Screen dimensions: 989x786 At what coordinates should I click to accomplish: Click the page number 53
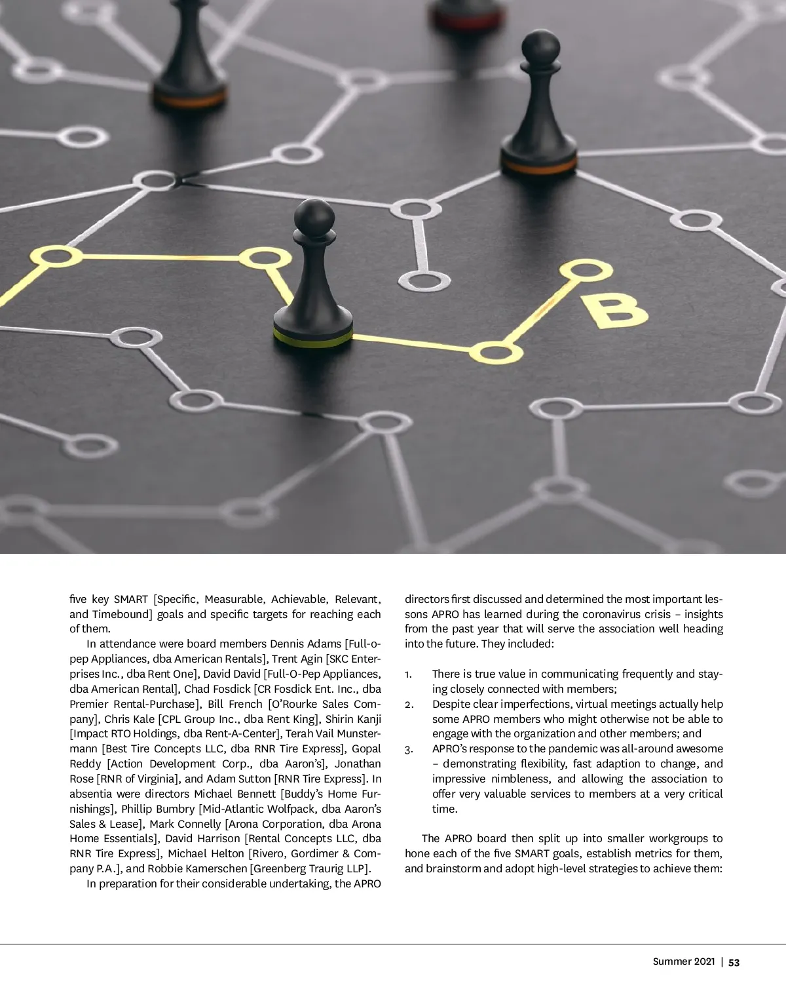coord(734,963)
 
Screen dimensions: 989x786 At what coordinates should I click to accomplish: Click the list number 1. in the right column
coord(408,674)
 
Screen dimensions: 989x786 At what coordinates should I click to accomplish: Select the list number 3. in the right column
coord(408,749)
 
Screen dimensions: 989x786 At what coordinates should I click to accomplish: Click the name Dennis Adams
coord(305,644)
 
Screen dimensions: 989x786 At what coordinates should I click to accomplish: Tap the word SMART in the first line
coord(130,599)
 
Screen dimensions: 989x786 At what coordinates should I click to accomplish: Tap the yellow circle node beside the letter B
coord(585,270)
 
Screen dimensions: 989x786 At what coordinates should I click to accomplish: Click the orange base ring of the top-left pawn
coord(191,100)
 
